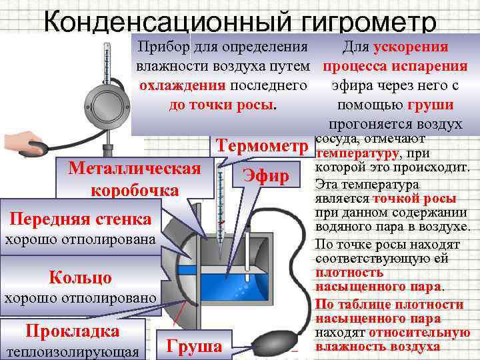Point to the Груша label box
click(194, 346)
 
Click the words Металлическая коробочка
click(134, 179)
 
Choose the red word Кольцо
click(81, 277)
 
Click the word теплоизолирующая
click(72, 351)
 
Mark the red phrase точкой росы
click(415, 199)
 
